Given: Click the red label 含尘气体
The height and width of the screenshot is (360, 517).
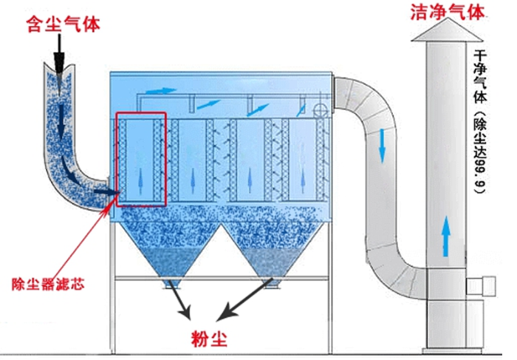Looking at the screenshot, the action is point(63,24).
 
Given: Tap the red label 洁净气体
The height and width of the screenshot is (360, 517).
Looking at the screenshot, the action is point(447,13).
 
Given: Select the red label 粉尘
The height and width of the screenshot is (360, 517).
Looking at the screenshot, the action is point(209,338).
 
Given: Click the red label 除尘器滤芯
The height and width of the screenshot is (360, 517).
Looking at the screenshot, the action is point(48,284).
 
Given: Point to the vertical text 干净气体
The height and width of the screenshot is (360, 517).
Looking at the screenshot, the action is point(480,77).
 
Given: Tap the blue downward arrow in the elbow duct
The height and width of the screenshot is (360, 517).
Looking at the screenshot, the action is point(382,146).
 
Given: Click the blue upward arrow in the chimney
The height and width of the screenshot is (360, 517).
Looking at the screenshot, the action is point(445,236).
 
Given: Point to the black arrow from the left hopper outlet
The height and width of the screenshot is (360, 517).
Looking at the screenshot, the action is point(179,299).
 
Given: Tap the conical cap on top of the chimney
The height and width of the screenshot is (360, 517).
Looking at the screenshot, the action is point(447,31).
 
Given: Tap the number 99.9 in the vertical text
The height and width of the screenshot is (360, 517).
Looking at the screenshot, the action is point(479,174).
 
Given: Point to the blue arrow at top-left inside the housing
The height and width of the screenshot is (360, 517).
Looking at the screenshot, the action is point(161,90).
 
